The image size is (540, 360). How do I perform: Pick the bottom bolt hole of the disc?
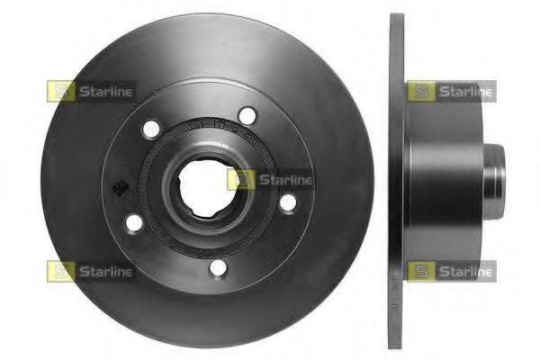[216, 267]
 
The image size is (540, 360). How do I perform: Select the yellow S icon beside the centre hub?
[240, 180]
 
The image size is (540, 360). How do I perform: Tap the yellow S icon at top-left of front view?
[60, 91]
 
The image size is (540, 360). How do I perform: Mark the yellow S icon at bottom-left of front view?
[60, 270]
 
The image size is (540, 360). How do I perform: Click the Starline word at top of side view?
[464, 91]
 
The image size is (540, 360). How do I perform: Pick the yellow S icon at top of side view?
[420, 91]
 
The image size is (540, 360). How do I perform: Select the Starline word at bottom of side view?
[464, 270]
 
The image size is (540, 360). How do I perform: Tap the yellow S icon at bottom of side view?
[420, 270]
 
